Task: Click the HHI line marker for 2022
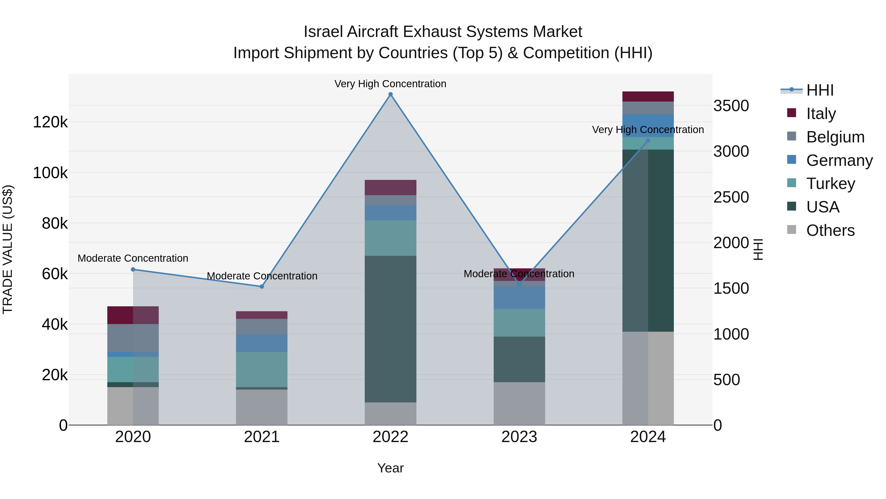point(390,94)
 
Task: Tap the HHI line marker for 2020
point(133,269)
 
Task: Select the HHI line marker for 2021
point(262,287)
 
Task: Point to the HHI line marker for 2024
point(648,140)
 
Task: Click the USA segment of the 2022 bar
point(390,329)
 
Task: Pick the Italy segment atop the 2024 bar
point(648,96)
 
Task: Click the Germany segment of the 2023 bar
point(519,297)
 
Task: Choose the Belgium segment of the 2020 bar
point(133,338)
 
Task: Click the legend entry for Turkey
point(830,184)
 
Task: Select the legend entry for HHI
point(820,90)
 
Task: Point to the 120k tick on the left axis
point(50,122)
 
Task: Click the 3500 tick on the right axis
point(731,106)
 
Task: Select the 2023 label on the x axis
point(519,437)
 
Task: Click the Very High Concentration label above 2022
point(390,84)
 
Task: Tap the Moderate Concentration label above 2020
point(133,258)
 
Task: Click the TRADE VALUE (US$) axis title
point(8,249)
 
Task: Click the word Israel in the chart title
point(323,32)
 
